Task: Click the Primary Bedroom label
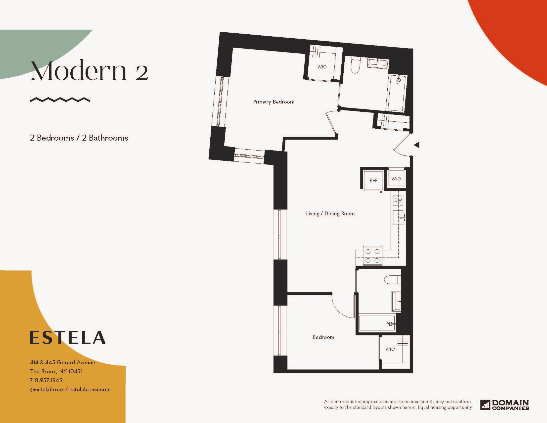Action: pos(273,102)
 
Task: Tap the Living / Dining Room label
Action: pos(330,213)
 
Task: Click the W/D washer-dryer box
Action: pos(396,179)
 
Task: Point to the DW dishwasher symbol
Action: pos(398,200)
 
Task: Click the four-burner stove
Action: pos(372,256)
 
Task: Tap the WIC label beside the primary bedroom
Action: pos(322,67)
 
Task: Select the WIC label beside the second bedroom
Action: pos(390,349)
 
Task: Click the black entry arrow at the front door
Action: pos(417,145)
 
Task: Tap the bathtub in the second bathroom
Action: pos(377,323)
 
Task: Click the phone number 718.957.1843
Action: pos(46,380)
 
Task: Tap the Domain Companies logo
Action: pos(504,405)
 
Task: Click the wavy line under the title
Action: pos(60,100)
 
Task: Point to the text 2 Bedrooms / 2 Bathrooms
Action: pos(79,138)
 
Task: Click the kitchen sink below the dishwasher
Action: pos(398,217)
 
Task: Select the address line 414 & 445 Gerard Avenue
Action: pos(63,362)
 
